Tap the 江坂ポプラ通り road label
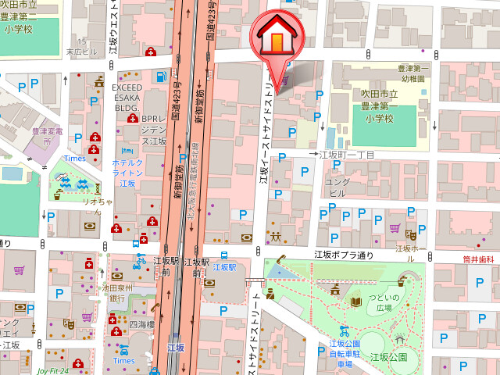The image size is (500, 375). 345,255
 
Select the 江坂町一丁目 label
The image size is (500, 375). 348,155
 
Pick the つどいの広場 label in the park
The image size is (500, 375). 383,302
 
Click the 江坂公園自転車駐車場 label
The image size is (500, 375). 344,353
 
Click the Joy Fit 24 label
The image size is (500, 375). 52,370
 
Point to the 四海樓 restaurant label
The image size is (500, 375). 143,323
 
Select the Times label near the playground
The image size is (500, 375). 75,159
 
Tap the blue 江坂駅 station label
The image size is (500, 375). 224,267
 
